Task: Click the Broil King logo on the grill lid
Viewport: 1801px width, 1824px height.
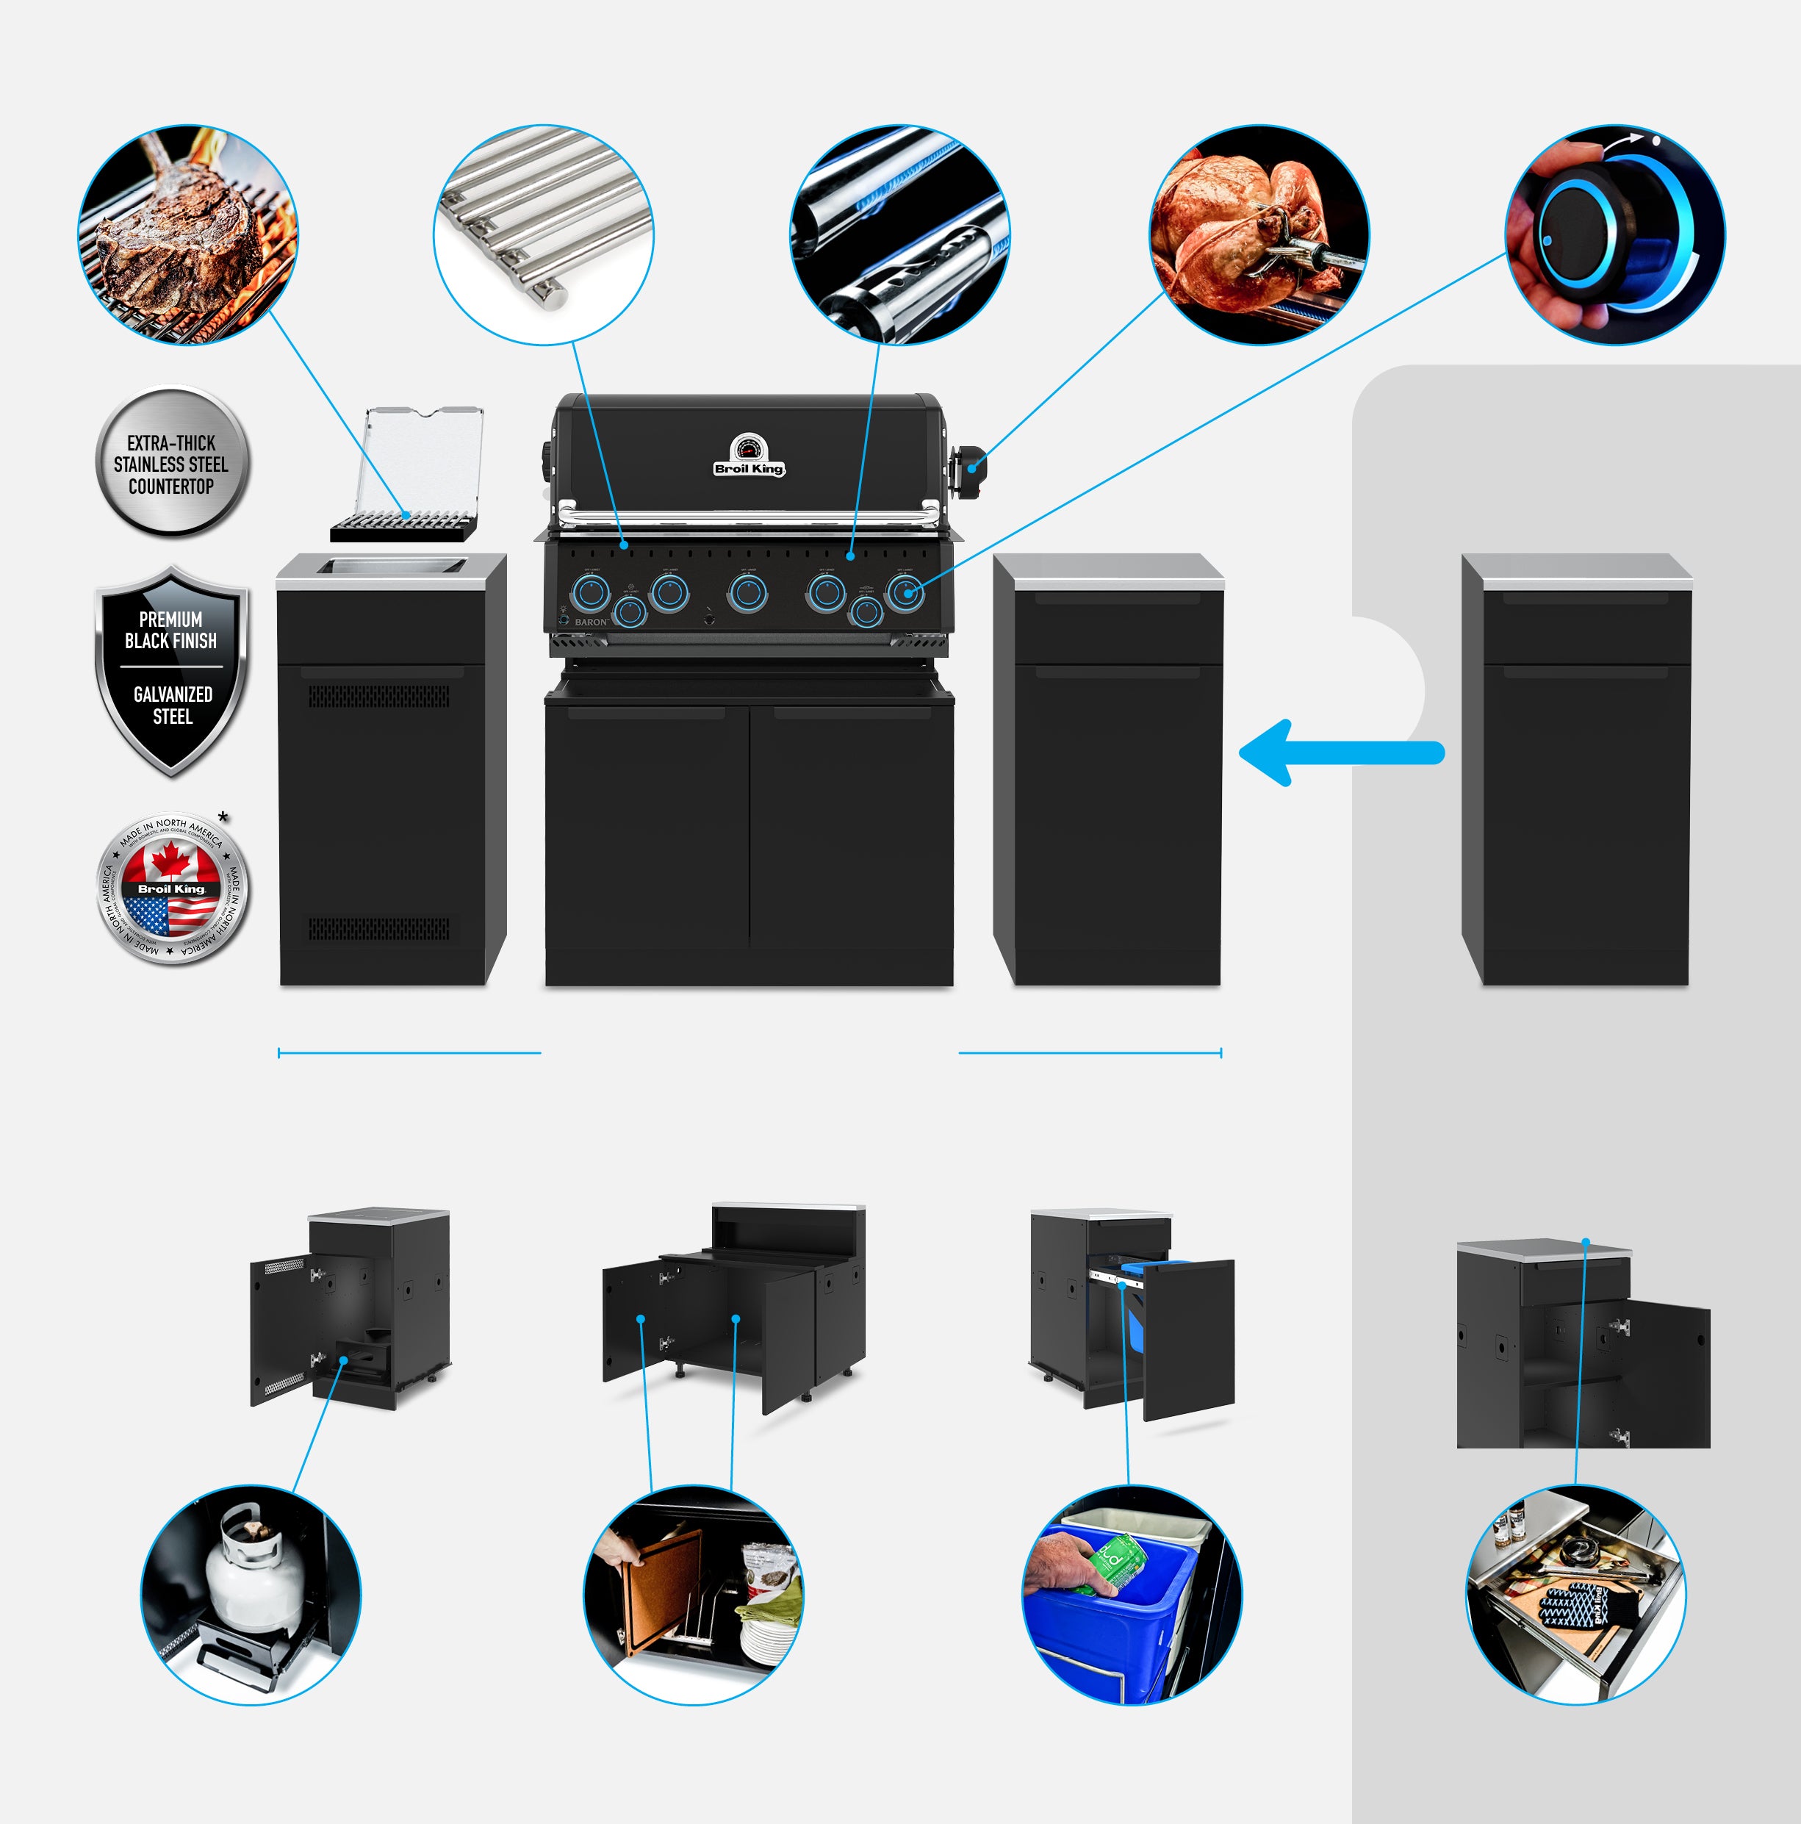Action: [749, 467]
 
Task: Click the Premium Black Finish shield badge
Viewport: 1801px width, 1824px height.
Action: [172, 670]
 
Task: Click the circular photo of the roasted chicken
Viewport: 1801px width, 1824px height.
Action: [1258, 235]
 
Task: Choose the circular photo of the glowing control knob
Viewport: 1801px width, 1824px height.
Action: [1614, 235]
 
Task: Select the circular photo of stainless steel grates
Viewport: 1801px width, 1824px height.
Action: [544, 235]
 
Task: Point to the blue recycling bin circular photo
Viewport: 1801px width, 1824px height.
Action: [1132, 1595]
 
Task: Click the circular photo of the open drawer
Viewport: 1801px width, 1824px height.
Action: [1575, 1595]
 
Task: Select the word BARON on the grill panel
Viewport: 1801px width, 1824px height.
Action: [591, 622]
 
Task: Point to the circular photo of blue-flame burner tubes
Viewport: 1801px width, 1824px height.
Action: [899, 235]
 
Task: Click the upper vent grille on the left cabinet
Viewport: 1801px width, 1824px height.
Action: [379, 697]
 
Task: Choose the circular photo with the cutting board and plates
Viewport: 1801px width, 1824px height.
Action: [694, 1595]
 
